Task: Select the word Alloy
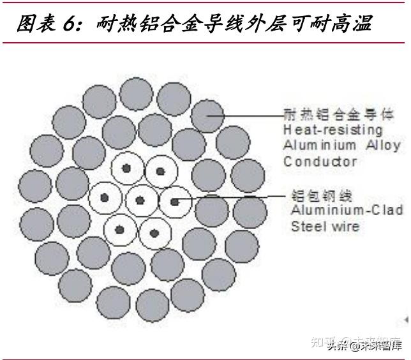(x=383, y=145)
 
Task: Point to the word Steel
(x=308, y=225)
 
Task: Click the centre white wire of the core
(x=140, y=201)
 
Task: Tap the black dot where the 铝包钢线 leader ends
(x=174, y=201)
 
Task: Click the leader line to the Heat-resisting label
(x=249, y=116)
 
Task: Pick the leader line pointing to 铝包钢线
(x=230, y=197)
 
